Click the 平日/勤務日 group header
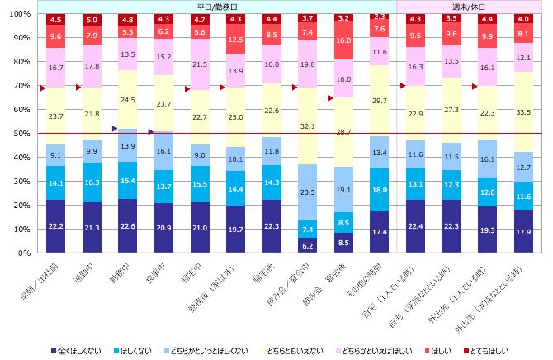[x=217, y=7]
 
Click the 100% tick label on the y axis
[x=18, y=14]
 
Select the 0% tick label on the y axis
[x=23, y=253]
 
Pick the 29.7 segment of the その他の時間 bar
[x=379, y=100]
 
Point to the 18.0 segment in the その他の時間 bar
[x=379, y=190]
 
